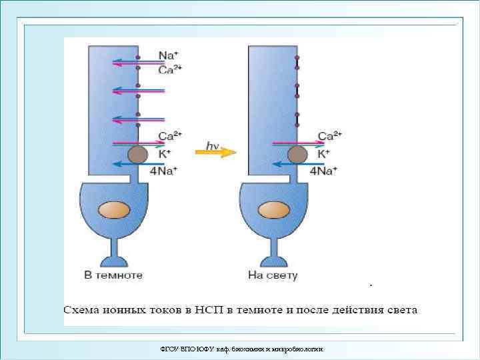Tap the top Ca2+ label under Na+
pos(170,69)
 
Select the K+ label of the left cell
pos(165,153)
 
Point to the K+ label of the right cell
pos(324,153)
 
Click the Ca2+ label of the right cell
pos(330,136)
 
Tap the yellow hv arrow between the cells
pos(215,153)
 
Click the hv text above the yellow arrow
pos(213,143)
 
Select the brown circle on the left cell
pos(138,155)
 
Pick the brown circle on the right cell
pos(297,155)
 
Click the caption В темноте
pos(113,275)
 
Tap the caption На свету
pos(273,275)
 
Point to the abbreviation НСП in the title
pos(211,310)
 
